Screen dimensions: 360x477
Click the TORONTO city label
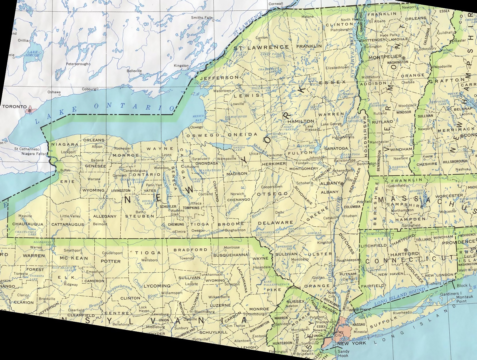tap(14, 106)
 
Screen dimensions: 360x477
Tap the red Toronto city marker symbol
tap(30, 110)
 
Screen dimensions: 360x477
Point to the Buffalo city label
tap(65, 170)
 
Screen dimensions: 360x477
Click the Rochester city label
tap(122, 149)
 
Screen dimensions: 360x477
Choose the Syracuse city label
tap(199, 159)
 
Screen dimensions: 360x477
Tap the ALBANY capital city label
tap(330, 183)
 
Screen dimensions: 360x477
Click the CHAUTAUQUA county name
tap(28, 224)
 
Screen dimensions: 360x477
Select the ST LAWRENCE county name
tap(261, 47)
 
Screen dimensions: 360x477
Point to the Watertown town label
tap(222, 91)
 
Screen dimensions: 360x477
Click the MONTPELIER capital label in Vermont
tap(385, 57)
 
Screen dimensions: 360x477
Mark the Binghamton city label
tap(235, 230)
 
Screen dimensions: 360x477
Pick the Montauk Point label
tap(465, 299)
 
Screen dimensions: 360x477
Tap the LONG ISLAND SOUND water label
tap(400, 297)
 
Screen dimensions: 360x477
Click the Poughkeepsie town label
tap(348, 260)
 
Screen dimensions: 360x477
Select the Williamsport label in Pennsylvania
tap(172, 293)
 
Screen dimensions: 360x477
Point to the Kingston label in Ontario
tap(181, 65)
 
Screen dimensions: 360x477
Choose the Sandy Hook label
tap(343, 353)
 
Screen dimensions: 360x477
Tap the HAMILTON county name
tap(301, 121)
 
